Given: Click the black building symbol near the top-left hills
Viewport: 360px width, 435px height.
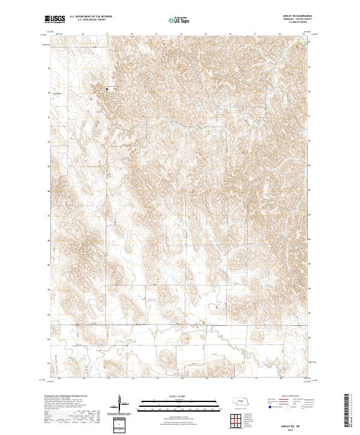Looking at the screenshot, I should click(107, 89).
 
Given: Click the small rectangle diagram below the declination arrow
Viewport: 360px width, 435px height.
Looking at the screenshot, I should click(122, 425).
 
